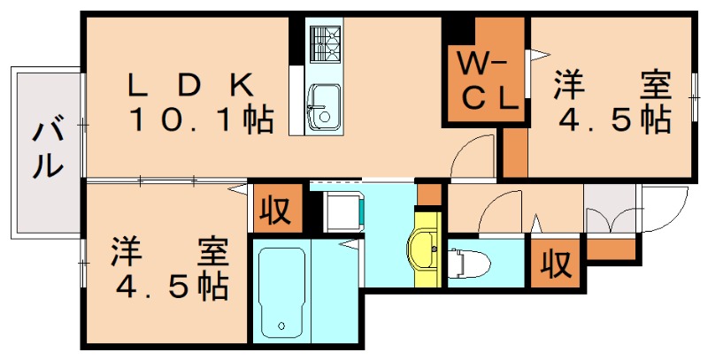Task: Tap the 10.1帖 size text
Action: [x=201, y=119]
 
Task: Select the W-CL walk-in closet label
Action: [x=484, y=81]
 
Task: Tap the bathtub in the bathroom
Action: [x=282, y=293]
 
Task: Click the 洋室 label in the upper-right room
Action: [x=611, y=86]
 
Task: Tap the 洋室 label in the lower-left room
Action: [x=167, y=252]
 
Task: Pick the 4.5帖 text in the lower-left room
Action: [x=168, y=286]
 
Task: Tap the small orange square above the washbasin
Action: [x=428, y=193]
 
